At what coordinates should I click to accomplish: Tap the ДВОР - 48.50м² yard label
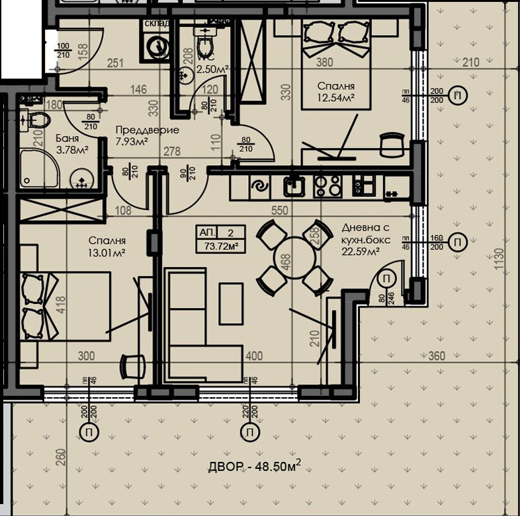click(255, 467)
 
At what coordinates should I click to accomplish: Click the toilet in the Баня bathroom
click(38, 120)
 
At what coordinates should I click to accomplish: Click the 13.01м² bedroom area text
click(107, 253)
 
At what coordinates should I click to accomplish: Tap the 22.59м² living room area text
click(361, 250)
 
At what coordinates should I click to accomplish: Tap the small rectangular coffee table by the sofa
click(231, 303)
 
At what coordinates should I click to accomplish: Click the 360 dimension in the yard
click(437, 356)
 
